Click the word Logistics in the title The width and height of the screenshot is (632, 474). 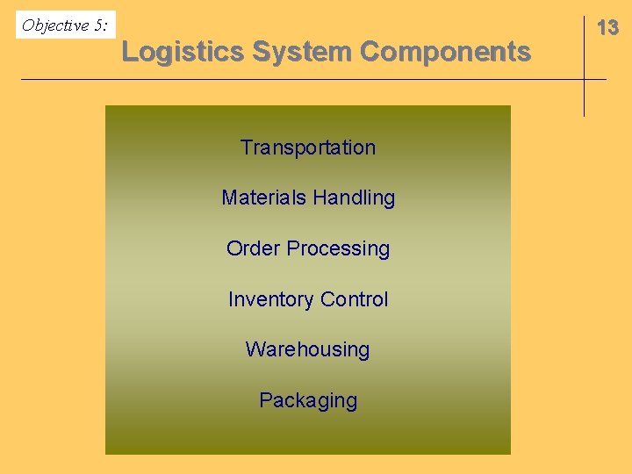point(183,52)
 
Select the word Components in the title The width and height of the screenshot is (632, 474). point(445,52)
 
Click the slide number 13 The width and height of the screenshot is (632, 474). point(607,28)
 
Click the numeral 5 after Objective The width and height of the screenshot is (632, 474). point(99,25)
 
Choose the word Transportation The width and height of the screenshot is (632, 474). point(308,147)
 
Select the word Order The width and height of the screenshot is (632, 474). point(250,248)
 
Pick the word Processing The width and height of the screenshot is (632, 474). point(336,249)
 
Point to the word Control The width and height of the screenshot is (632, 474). point(354,299)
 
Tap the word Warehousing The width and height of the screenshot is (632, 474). point(307,349)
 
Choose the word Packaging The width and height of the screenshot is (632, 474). point(308,401)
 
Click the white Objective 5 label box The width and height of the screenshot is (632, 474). point(66,25)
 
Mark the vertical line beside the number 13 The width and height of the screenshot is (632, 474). point(584,66)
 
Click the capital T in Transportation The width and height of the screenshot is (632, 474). point(246,147)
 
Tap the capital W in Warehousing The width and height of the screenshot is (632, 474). point(254,349)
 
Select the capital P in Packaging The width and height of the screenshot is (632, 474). point(265,400)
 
